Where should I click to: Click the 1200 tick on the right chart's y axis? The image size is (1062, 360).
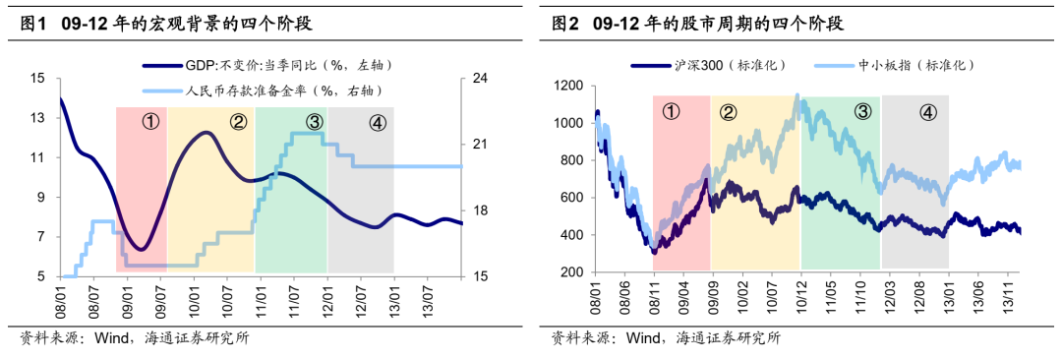pyautogui.click(x=567, y=86)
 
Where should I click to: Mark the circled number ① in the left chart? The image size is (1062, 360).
pyautogui.click(x=150, y=122)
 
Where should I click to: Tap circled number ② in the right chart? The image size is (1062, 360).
pyautogui.click(x=729, y=111)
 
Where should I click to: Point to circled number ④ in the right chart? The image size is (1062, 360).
pyautogui.click(x=927, y=111)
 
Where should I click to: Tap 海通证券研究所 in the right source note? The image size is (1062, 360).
pyautogui.click(x=729, y=338)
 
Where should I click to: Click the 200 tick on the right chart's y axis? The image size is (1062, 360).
pyautogui.click(x=571, y=272)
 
